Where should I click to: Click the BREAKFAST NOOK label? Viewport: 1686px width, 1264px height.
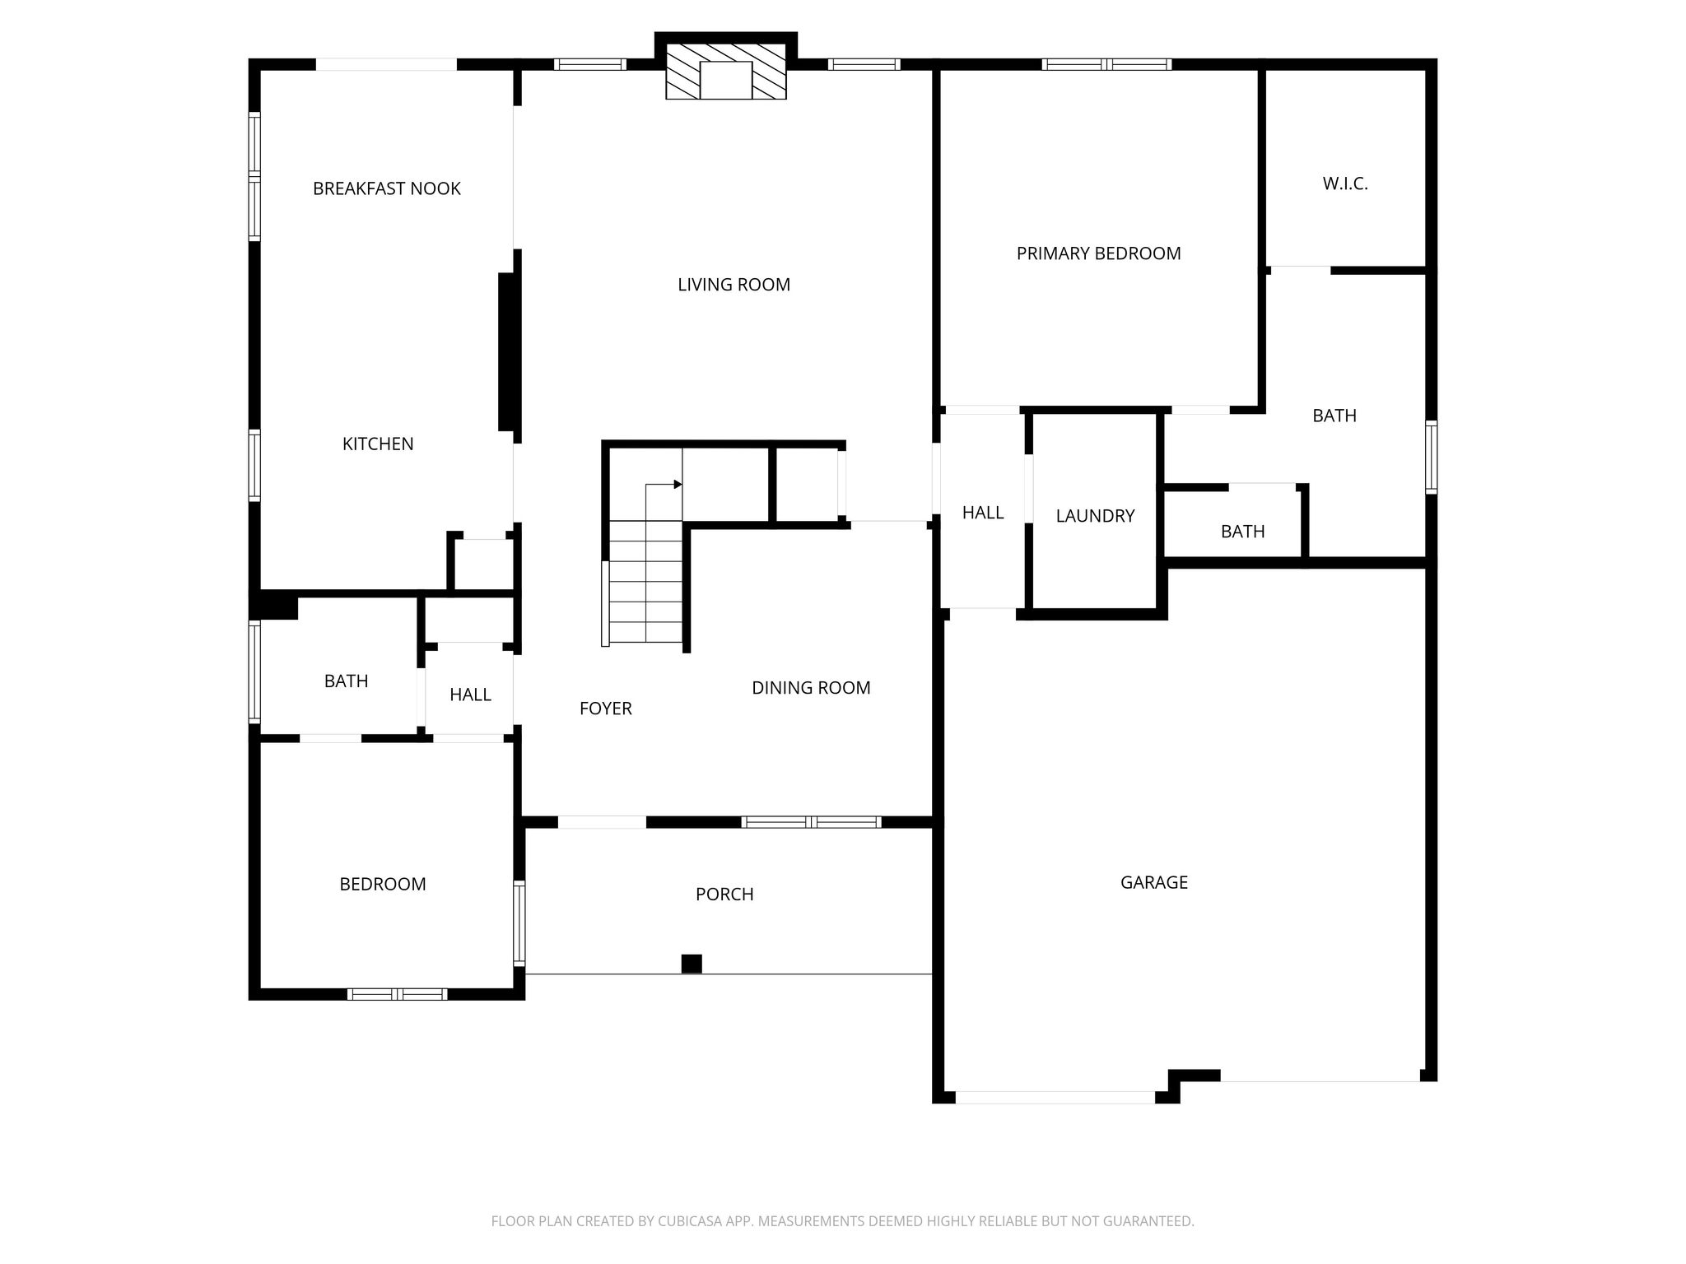point(386,188)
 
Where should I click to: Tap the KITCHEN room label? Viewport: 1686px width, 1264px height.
point(378,444)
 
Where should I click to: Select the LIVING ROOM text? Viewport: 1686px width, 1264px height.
point(734,285)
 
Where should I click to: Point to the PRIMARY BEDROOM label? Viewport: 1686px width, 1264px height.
point(1098,253)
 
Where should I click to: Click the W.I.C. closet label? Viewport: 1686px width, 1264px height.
point(1345,184)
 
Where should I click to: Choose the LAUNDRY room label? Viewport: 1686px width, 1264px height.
point(1095,516)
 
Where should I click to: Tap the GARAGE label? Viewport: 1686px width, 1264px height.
point(1154,883)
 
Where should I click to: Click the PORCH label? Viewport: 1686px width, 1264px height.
point(724,895)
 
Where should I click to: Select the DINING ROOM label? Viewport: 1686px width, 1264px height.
point(811,688)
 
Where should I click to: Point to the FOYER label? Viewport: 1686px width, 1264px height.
point(606,709)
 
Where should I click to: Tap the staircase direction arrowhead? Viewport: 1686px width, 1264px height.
point(678,485)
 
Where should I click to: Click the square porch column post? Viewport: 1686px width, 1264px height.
point(692,964)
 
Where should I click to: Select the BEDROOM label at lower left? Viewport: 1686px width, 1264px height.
point(383,885)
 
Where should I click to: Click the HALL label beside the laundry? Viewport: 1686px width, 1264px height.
point(983,513)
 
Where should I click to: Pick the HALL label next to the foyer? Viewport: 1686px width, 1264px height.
point(470,695)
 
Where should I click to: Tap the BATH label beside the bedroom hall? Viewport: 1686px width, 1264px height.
point(346,681)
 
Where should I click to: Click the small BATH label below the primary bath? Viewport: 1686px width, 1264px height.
point(1242,532)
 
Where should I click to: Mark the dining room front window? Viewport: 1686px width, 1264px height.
point(811,822)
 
